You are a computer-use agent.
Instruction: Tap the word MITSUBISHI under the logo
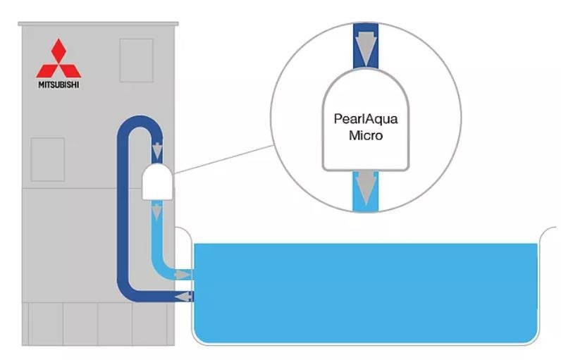click(58, 85)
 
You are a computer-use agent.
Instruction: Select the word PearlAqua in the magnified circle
click(365, 119)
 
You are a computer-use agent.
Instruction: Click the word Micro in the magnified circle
click(365, 135)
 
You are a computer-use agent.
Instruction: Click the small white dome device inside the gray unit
click(158, 181)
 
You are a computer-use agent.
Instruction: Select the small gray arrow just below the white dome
click(158, 211)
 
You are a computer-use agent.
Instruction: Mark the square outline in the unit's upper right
click(136, 60)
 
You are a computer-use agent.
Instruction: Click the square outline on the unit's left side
click(47, 159)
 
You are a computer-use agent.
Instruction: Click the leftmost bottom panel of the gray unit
click(42, 323)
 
